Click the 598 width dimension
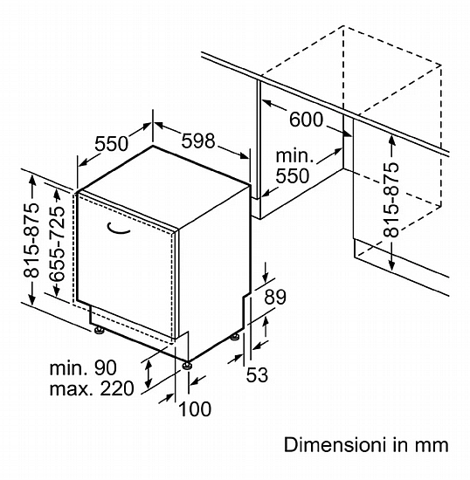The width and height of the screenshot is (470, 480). click(198, 141)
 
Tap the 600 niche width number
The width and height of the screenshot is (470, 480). click(306, 120)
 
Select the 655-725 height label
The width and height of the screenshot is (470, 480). click(58, 243)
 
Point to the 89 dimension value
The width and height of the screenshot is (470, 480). click(275, 297)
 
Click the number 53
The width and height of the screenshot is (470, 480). click(257, 374)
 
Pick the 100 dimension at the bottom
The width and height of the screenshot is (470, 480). click(195, 408)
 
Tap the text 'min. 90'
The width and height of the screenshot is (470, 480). click(83, 367)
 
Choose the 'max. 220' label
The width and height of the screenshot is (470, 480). click(92, 388)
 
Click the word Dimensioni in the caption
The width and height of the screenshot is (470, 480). click(334, 444)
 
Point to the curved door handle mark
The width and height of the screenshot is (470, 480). click(118, 229)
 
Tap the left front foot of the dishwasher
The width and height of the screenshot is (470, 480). click(99, 330)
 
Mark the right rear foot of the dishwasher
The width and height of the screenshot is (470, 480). click(235, 337)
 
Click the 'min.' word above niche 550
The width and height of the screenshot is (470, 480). click(294, 156)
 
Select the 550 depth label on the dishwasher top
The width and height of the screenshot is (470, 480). click(111, 144)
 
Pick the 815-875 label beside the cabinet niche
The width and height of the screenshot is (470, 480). click(391, 200)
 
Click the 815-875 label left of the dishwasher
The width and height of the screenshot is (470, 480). click(31, 240)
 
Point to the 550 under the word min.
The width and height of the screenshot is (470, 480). click(293, 176)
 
